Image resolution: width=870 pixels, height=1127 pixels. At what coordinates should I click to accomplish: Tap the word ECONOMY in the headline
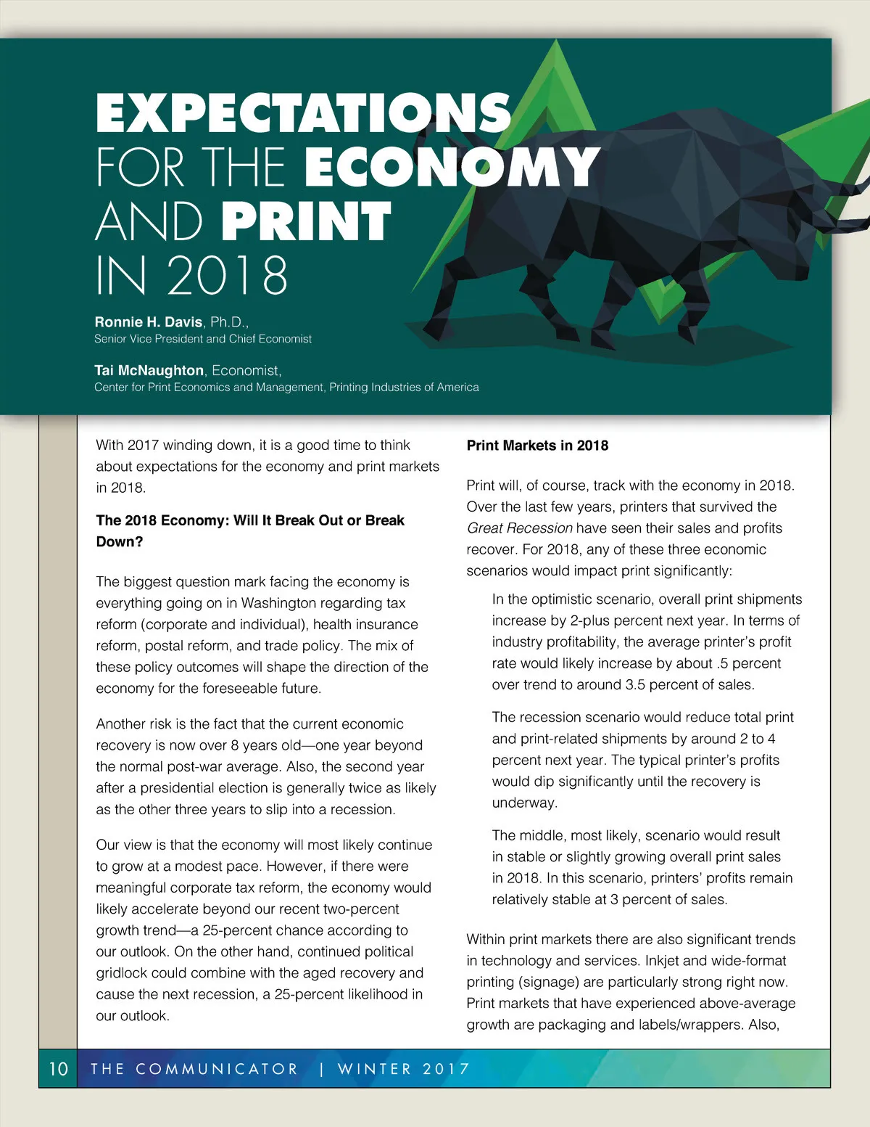pyautogui.click(x=452, y=167)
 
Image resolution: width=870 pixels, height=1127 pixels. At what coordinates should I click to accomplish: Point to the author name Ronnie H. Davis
pyautogui.click(x=149, y=321)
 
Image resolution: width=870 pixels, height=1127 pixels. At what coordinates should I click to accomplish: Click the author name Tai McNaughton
pyautogui.click(x=149, y=370)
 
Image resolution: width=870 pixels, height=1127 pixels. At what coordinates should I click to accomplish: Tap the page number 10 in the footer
pyautogui.click(x=58, y=1069)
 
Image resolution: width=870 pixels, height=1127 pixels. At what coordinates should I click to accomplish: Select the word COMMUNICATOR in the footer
pyautogui.click(x=217, y=1069)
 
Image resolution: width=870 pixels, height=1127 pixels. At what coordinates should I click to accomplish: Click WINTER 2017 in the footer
pyautogui.click(x=404, y=1069)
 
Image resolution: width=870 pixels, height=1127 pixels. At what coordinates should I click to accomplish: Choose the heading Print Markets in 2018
pyautogui.click(x=537, y=446)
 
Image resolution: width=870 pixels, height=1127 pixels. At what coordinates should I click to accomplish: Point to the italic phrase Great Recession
pyautogui.click(x=519, y=528)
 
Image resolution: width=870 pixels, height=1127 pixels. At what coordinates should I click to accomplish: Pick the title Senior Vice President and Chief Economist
pyautogui.click(x=203, y=339)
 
